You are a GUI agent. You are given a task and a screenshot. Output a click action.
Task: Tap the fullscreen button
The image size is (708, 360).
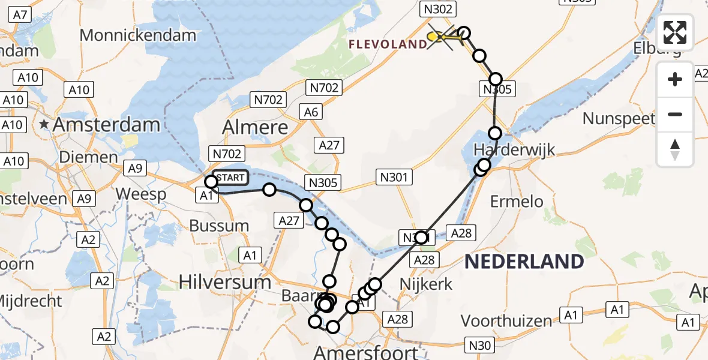675,32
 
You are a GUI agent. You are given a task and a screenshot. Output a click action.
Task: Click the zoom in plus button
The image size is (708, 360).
675,79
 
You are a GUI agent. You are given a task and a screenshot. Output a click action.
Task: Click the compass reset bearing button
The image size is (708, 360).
675,149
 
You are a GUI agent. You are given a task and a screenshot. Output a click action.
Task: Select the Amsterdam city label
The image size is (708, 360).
107,125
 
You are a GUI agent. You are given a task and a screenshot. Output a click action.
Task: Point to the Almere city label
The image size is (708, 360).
254,127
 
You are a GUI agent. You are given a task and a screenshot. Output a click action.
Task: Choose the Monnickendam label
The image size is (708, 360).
137,35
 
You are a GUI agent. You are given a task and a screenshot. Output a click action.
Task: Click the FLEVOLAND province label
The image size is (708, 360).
388,44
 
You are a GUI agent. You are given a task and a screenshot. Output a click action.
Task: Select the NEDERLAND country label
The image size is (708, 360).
524,262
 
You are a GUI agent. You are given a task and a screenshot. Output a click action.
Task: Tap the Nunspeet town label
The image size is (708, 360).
619,118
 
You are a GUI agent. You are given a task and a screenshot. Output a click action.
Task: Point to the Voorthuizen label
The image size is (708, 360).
506,321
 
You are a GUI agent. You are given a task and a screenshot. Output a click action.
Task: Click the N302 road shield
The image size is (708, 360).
439,9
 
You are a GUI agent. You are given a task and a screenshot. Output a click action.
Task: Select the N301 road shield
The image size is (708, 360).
393,177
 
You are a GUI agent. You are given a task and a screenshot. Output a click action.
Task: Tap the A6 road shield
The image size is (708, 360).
311,112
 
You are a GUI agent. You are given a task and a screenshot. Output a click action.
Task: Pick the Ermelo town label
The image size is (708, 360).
517,202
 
